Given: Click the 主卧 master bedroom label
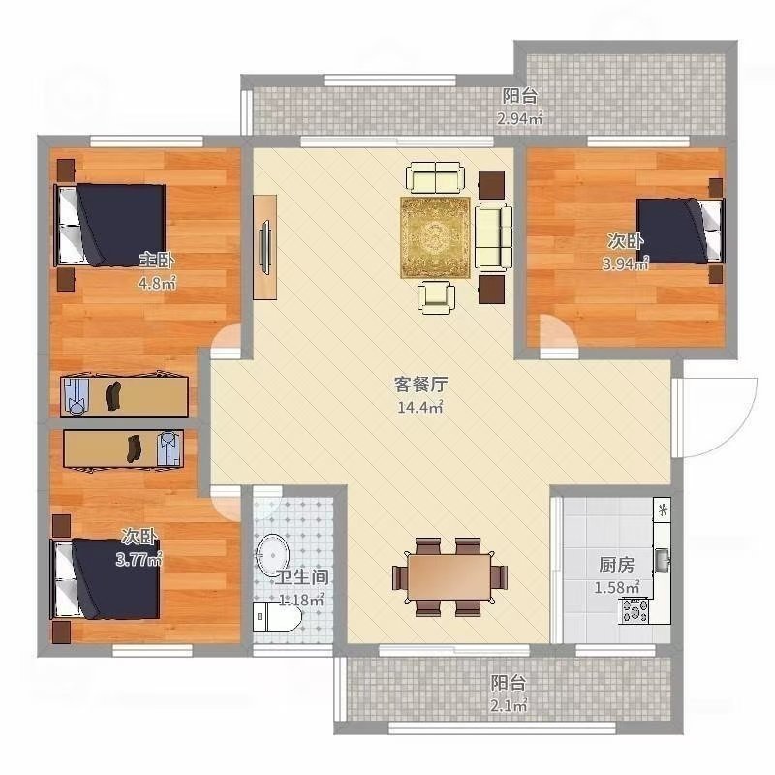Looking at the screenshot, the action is pos(156,260).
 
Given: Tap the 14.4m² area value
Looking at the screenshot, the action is pos(419,407).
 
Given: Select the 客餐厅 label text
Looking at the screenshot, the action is pos(420,384).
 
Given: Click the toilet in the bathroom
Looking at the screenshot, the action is pos(277,617).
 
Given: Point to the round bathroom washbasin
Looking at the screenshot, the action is pos(272,554).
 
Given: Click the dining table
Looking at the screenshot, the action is pos(449,576).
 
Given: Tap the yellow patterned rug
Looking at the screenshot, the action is pos(435,237).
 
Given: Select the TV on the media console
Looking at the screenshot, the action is pos(264,247).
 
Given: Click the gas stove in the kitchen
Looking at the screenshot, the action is pos(635,610).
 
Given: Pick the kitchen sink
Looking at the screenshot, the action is pos(662,560).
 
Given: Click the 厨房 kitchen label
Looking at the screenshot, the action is pos(616,564).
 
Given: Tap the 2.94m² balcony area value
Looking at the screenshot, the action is pos(519,118).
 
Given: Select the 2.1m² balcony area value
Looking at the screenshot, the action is pos(509,706).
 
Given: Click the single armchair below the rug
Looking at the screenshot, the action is pos(436,297).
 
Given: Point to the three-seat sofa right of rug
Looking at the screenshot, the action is pos(493,238).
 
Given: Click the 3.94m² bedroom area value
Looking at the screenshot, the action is pos(625,264).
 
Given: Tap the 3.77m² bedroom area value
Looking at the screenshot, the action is pos(139,560).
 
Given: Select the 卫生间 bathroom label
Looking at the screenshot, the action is pos(302,576).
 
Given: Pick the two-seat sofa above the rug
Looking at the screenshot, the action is pos(435,177).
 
